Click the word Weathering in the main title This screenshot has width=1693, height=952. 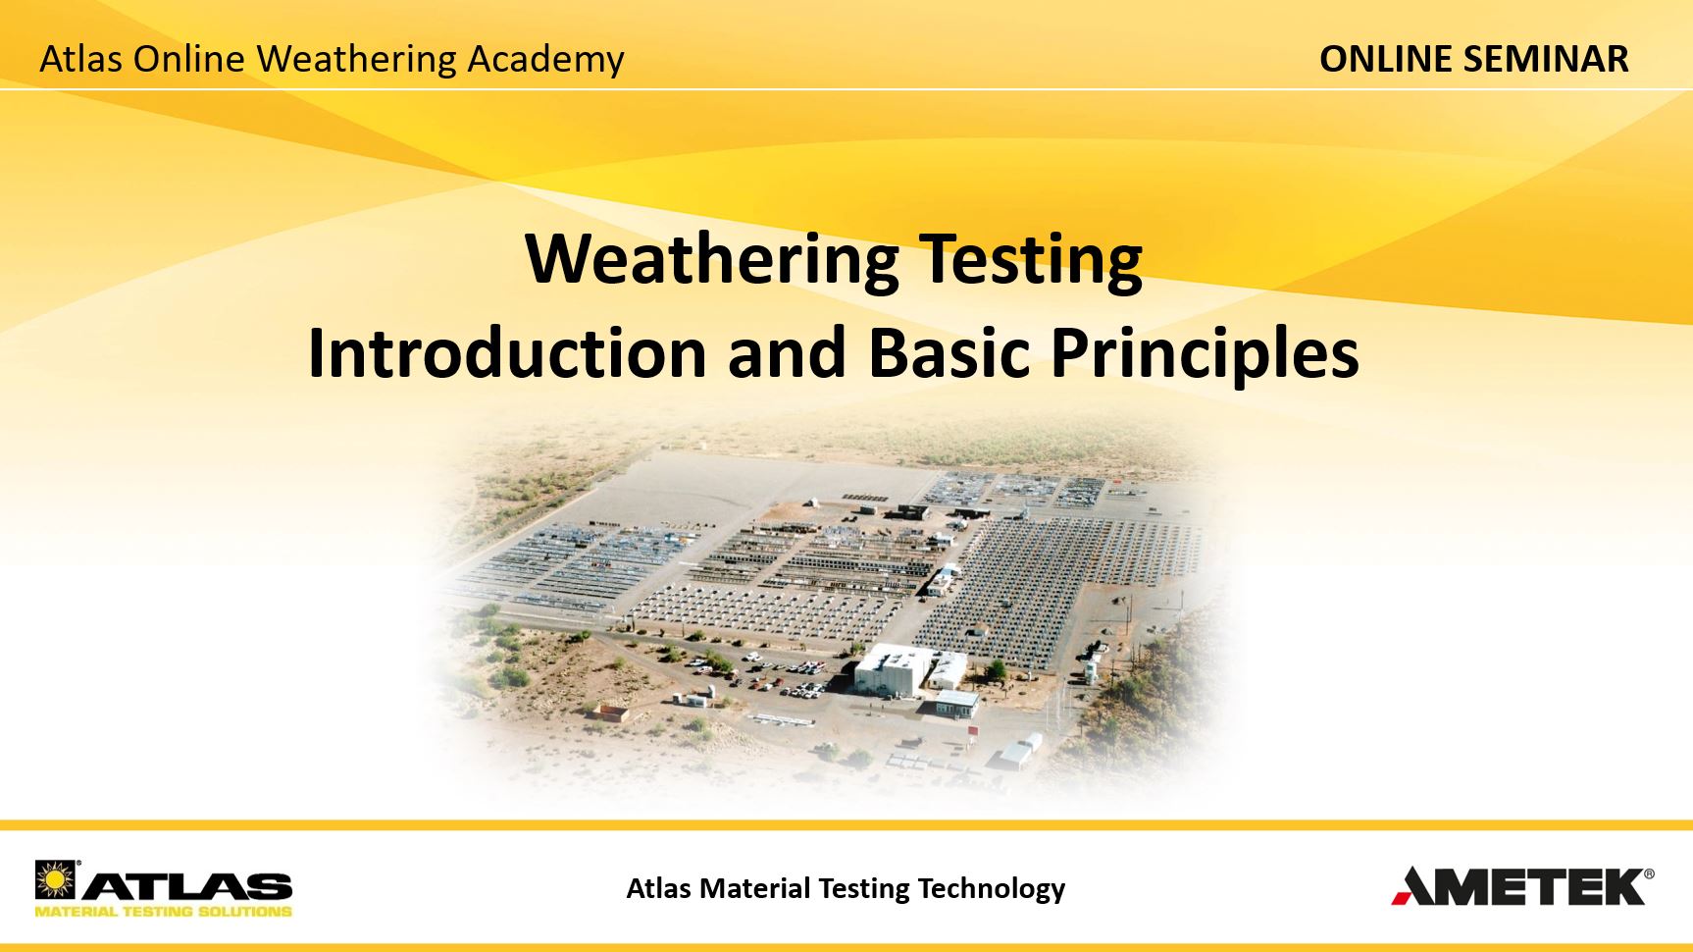tap(712, 259)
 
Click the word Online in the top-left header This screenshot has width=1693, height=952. tap(188, 59)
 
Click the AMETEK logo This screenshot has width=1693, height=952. tap(1522, 885)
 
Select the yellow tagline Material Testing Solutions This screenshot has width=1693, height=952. tap(164, 911)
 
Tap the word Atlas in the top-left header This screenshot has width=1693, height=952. tap(80, 59)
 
